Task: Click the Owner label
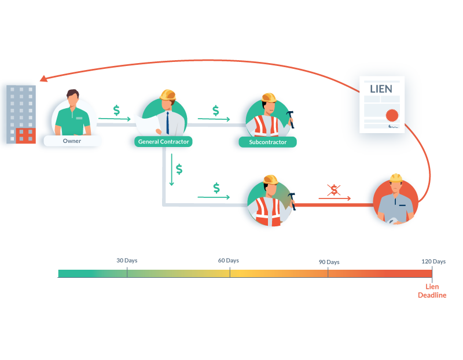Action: [x=72, y=141]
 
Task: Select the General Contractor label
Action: [x=163, y=141]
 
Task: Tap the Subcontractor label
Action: [x=267, y=142]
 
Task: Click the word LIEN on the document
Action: [x=381, y=89]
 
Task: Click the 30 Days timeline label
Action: [x=127, y=260]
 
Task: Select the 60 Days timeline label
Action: [x=229, y=260]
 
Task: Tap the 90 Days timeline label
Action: [x=329, y=262]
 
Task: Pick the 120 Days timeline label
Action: [x=433, y=262]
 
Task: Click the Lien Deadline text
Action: [x=432, y=291]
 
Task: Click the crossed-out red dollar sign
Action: [x=334, y=190]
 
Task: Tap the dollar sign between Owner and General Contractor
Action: [x=116, y=110]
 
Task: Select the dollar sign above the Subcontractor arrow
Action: [x=216, y=110]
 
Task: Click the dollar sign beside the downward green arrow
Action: [x=179, y=169]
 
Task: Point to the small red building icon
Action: [x=25, y=136]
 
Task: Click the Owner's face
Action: [x=72, y=101]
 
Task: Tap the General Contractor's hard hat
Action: [x=168, y=94]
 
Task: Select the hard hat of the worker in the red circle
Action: [x=396, y=178]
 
